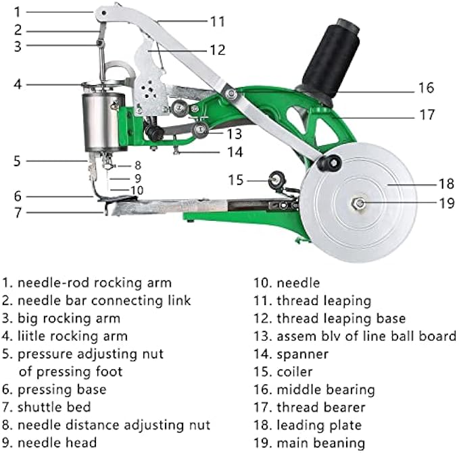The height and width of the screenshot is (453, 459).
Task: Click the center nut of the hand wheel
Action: coord(359,203)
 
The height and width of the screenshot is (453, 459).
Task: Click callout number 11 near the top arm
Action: coord(217,21)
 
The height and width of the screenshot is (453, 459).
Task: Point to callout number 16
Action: coord(425,88)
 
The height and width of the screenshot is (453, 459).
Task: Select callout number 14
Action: coord(234,152)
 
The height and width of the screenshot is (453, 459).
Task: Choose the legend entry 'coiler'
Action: coord(295,371)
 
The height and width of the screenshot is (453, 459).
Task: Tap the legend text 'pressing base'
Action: coord(62,390)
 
